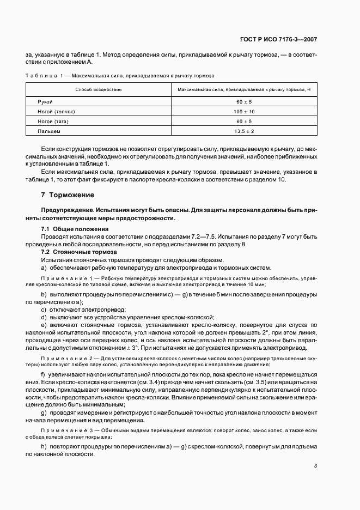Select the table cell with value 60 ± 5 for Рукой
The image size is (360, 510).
[x=243, y=102]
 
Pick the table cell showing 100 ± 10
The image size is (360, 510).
[x=243, y=112]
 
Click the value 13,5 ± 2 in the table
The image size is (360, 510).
[x=243, y=131]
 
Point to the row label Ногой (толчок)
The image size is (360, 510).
[x=56, y=112]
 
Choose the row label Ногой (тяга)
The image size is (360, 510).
[x=53, y=122]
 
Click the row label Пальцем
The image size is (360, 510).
[x=49, y=131]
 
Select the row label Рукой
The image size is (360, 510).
[x=45, y=102]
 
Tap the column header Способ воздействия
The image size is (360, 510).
[x=99, y=89]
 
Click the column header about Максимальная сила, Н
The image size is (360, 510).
[x=243, y=89]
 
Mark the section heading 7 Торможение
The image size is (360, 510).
[x=68, y=195]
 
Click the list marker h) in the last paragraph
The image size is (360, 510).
[x=44, y=447]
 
